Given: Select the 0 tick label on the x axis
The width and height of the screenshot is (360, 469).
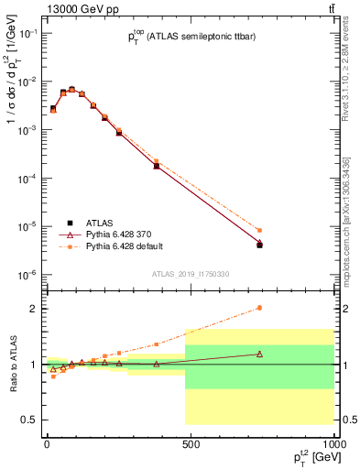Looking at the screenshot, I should point(46,443).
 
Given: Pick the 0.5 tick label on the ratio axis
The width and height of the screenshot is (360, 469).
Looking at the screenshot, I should point(28,420).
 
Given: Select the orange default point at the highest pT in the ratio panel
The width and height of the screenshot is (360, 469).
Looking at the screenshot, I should point(259,308).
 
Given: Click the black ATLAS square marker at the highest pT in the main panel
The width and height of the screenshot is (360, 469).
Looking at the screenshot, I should point(259,245).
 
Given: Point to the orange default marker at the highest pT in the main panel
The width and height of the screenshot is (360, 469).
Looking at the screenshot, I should point(259,231).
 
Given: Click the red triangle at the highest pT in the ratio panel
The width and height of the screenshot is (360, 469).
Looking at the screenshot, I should point(259,354).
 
